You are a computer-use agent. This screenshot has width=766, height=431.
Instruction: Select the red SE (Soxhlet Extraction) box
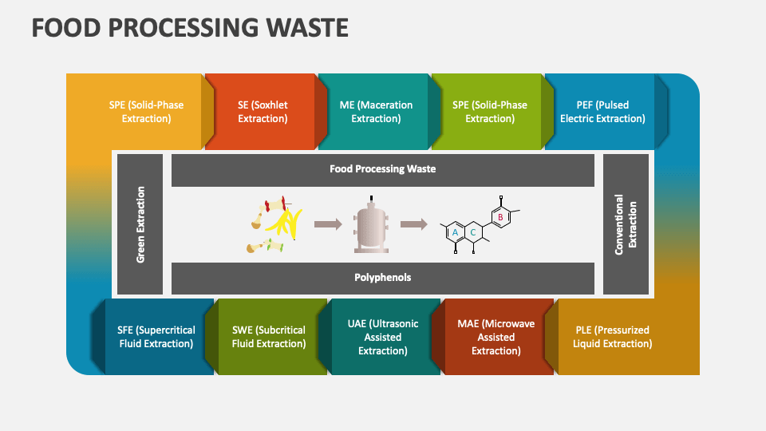click(x=263, y=112)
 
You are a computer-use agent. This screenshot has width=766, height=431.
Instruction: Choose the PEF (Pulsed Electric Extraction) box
click(x=602, y=112)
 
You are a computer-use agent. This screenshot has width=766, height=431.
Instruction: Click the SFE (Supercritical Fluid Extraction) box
click(x=156, y=337)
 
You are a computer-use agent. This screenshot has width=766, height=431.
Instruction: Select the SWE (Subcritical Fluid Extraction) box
click(x=269, y=337)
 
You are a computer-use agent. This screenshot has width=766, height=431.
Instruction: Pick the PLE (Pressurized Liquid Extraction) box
click(x=612, y=337)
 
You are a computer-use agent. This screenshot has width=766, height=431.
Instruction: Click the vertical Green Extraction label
click(x=140, y=224)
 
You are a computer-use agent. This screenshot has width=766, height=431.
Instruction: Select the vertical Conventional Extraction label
click(x=626, y=224)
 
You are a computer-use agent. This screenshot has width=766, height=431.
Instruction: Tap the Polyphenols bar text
click(x=382, y=278)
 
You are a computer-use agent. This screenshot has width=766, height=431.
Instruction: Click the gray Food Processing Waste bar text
click(x=382, y=169)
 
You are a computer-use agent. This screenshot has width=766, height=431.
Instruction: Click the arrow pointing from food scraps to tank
click(x=327, y=224)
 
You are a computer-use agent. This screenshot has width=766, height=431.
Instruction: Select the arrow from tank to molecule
click(x=413, y=224)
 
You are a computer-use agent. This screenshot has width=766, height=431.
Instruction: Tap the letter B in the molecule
click(x=499, y=216)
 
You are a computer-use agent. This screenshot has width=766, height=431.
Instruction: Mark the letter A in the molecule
click(x=455, y=232)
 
